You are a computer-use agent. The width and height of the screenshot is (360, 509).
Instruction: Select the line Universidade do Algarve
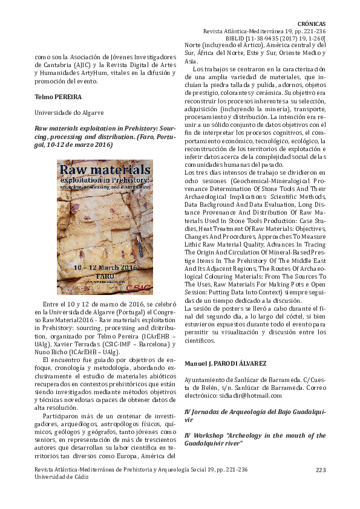tap(68, 112)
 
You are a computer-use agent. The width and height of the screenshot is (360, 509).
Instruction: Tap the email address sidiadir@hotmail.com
tap(253, 395)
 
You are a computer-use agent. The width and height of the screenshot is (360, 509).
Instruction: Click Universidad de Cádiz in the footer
tap(62, 476)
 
